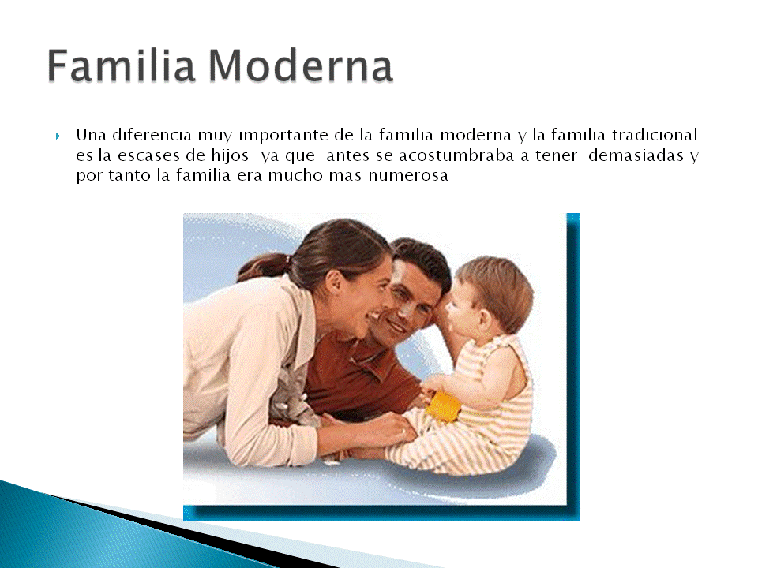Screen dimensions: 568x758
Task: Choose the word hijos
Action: (x=226, y=156)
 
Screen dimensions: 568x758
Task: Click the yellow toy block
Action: (x=443, y=406)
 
